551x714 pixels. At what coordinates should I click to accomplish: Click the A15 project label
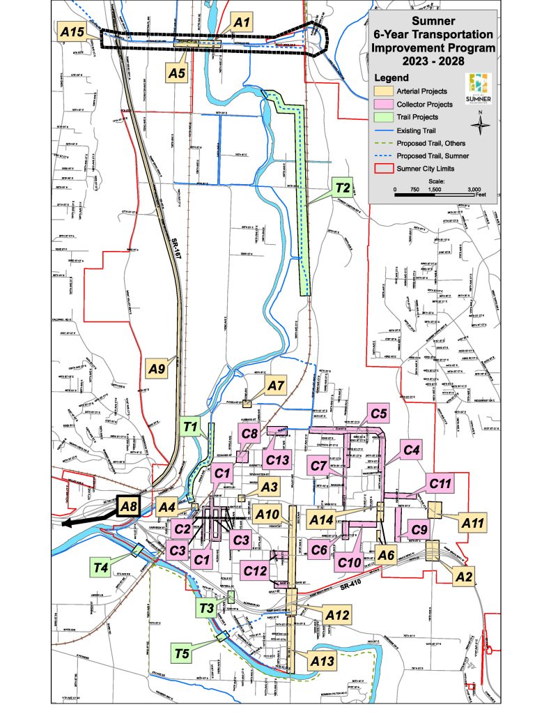click(x=72, y=31)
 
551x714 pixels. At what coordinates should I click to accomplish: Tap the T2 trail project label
click(x=341, y=188)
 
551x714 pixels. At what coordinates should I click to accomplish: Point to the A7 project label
click(x=277, y=385)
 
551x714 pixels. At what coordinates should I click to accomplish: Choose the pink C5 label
click(x=378, y=414)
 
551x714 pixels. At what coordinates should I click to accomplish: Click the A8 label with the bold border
click(x=127, y=506)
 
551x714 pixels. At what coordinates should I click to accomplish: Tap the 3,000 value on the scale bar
click(x=474, y=189)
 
